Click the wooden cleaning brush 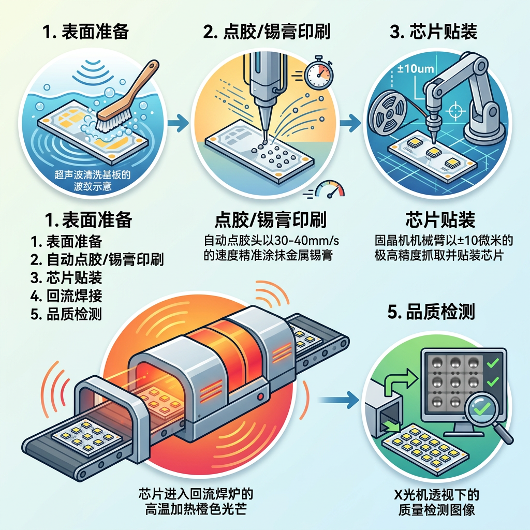coord(125,98)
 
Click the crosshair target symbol coord(457,111)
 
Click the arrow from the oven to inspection coord(338,399)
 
